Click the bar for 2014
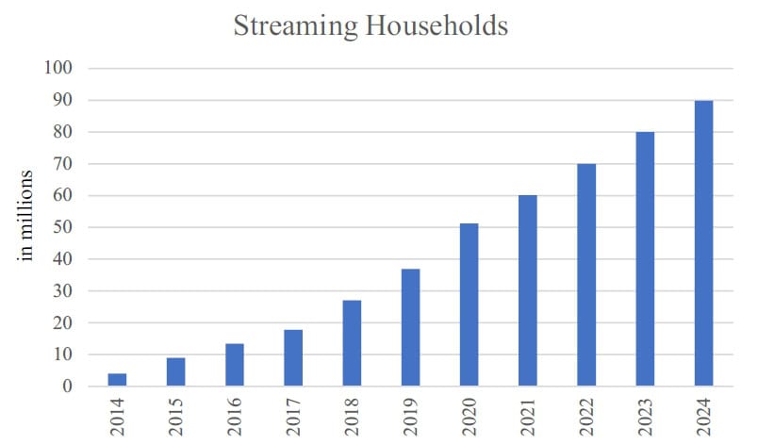118,380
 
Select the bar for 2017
293,358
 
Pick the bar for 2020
469,305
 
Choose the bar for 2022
585,275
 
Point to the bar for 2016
235,365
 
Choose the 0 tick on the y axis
68,386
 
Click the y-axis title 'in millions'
27,215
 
